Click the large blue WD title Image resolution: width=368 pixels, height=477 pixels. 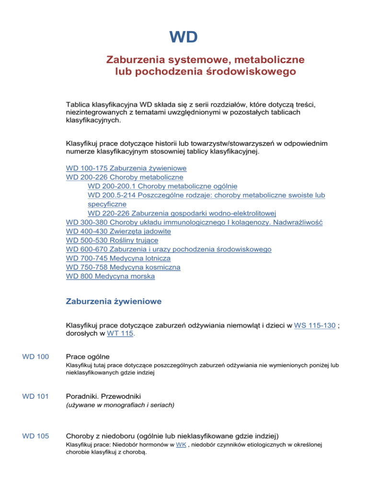(184, 37)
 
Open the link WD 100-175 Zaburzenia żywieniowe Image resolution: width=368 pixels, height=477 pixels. (126, 168)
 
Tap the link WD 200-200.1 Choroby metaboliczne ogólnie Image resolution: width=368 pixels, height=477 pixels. (162, 186)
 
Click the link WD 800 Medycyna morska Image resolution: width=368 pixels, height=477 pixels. (111, 276)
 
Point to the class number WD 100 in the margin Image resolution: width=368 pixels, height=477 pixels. (35, 357)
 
